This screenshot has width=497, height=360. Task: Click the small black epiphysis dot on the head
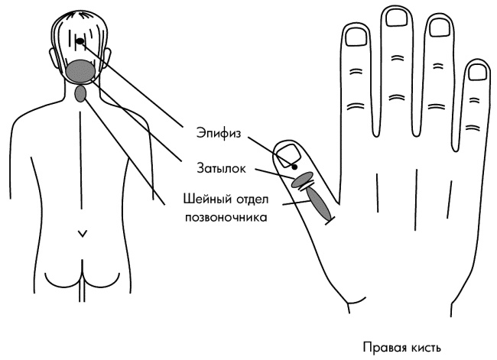(x=80, y=41)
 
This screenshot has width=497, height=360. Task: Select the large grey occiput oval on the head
(x=80, y=70)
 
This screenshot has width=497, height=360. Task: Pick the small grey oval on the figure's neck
(x=82, y=94)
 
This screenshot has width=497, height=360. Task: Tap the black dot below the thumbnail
(x=294, y=167)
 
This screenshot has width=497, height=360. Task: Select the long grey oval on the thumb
(x=318, y=203)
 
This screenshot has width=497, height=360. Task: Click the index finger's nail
(x=356, y=35)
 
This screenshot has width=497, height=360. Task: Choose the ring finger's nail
(x=439, y=27)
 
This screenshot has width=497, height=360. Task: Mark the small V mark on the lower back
(x=82, y=232)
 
